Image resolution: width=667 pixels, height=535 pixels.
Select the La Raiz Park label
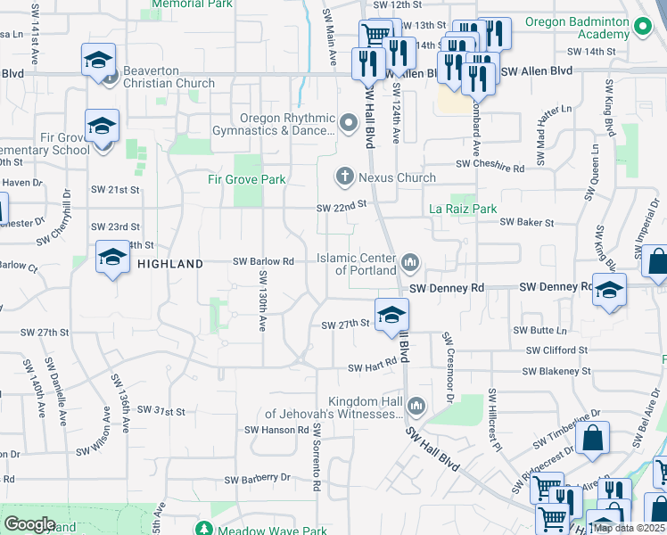(x=463, y=209)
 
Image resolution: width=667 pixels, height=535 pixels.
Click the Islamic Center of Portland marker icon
(x=410, y=261)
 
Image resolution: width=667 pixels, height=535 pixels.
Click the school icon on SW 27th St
(x=391, y=315)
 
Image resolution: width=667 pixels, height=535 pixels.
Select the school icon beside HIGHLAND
(x=113, y=259)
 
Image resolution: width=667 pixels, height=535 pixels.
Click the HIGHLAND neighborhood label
(x=170, y=263)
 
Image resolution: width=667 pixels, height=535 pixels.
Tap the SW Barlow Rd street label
(x=263, y=261)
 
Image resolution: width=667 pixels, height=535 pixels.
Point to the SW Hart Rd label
(x=371, y=367)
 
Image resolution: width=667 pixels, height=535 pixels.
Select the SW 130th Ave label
(x=264, y=309)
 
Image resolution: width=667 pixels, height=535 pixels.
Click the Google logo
(x=29, y=524)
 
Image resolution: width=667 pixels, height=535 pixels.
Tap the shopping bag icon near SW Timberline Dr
(x=592, y=439)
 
